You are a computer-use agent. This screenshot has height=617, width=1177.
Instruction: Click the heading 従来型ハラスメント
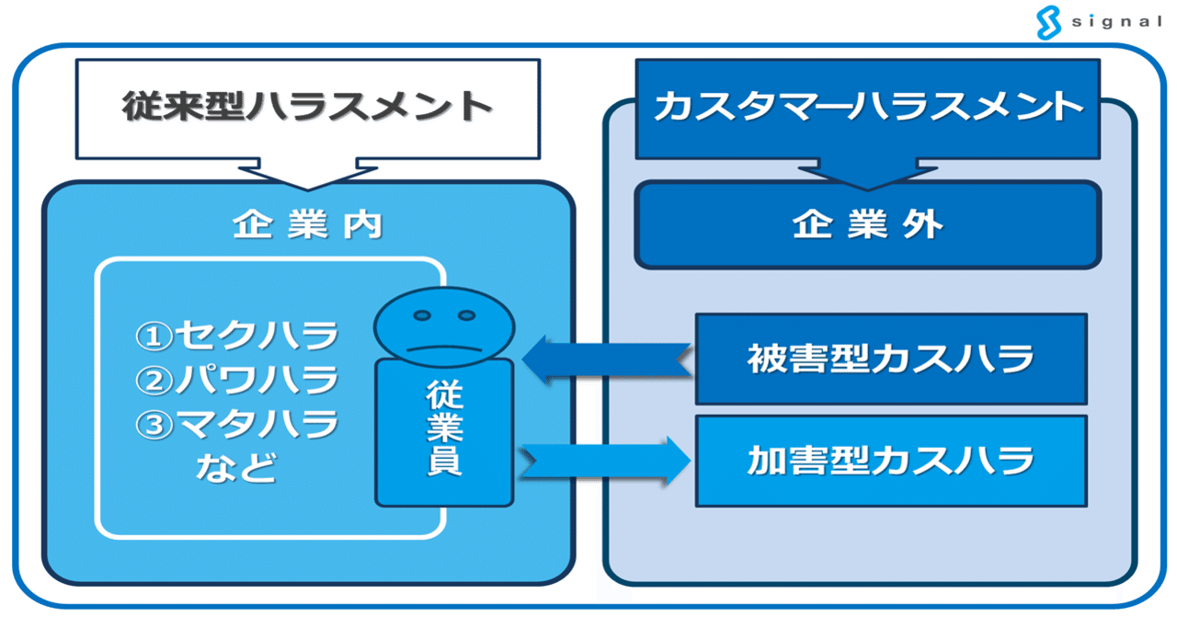click(x=307, y=107)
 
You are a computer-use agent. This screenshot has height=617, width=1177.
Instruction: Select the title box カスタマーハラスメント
click(x=867, y=107)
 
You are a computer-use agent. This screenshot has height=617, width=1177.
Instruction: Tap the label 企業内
click(x=307, y=225)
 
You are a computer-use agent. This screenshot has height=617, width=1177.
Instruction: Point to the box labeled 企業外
click(x=867, y=225)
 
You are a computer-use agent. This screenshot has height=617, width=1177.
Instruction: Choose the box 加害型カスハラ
click(x=890, y=459)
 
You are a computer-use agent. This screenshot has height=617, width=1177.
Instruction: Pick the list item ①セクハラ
click(x=237, y=337)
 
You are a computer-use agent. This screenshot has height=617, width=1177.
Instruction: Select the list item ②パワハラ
click(x=237, y=380)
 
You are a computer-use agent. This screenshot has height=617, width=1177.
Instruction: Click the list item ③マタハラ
click(x=237, y=424)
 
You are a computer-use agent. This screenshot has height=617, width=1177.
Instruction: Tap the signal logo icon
click(x=1049, y=22)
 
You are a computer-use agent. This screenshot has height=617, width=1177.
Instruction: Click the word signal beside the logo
click(x=1116, y=22)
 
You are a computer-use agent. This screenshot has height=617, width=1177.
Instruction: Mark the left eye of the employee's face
click(x=422, y=315)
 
